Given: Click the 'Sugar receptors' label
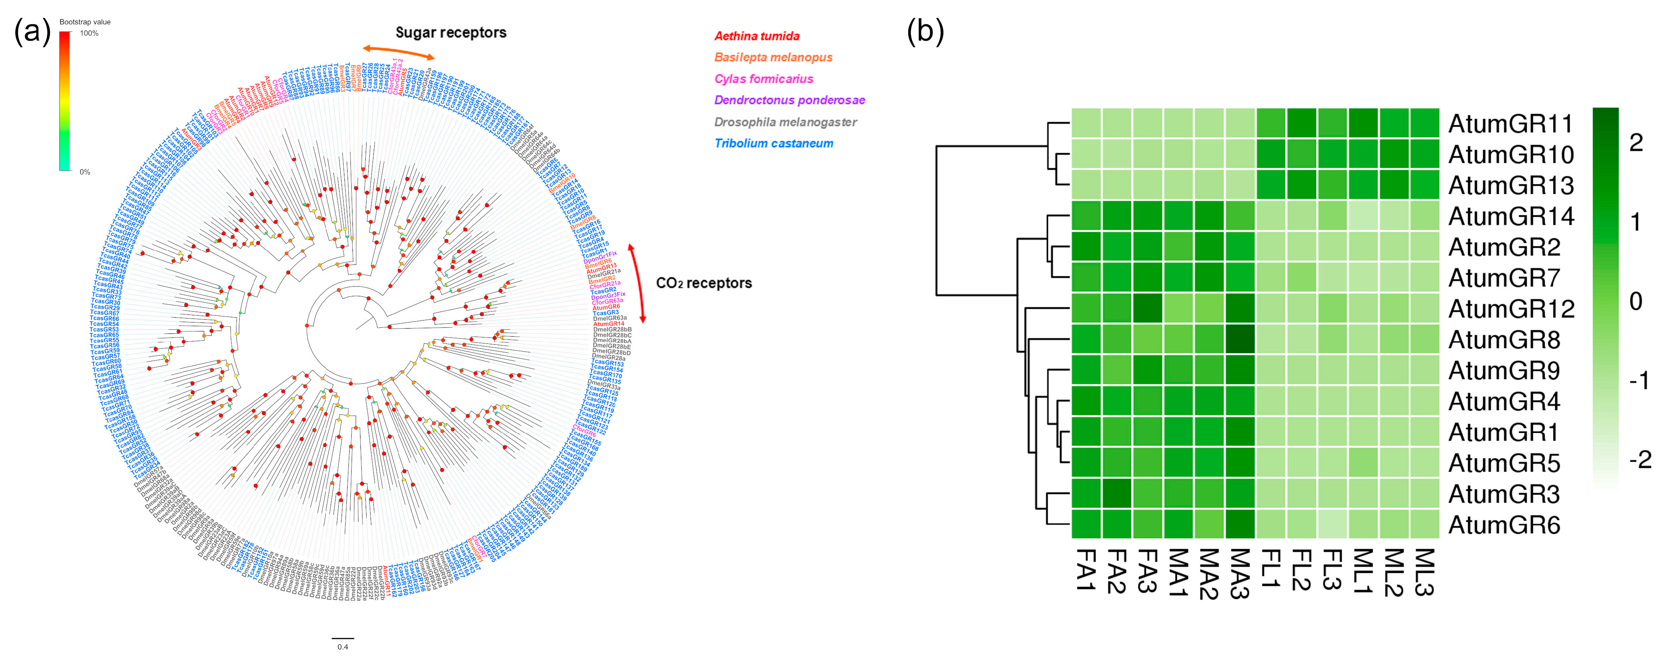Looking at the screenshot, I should tap(450, 33).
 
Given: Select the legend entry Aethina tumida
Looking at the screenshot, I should tap(757, 36).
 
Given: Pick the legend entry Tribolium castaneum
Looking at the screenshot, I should tap(774, 143).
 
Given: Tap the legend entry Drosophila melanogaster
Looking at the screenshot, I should tap(785, 122).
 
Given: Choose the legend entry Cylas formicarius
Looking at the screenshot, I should tap(763, 79).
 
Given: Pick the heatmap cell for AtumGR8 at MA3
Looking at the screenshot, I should tap(1240, 339).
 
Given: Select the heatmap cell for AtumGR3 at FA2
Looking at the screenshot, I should tap(1117, 493).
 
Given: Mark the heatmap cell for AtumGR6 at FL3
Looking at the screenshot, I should tap(1332, 525).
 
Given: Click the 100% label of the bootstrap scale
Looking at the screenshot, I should tap(89, 33).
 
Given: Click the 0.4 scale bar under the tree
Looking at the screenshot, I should tap(343, 639).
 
